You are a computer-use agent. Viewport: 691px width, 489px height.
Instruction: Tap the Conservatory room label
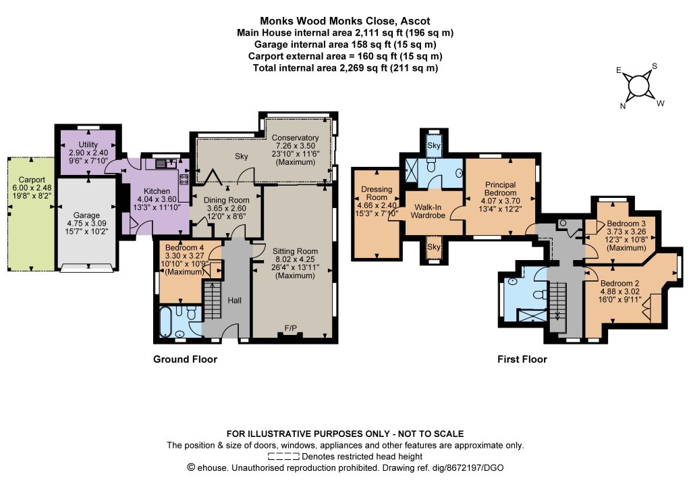click(295, 138)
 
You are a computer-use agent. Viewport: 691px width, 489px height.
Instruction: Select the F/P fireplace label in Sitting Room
click(290, 328)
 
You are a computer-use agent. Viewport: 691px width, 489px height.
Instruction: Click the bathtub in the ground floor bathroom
click(165, 321)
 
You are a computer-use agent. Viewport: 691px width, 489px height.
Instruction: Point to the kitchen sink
click(165, 163)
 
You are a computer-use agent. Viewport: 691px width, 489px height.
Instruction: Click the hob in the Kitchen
click(184, 179)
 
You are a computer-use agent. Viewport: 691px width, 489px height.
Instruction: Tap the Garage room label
click(86, 215)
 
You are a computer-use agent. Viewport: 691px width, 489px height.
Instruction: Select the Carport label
click(32, 180)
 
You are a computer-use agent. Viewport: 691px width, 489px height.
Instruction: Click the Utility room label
click(88, 145)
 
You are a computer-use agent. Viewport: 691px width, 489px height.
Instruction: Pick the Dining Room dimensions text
click(227, 212)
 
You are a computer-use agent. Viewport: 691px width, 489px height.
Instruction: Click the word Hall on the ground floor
click(234, 301)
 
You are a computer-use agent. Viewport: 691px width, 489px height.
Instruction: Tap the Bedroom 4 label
click(184, 247)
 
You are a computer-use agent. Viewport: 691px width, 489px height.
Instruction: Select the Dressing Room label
click(377, 193)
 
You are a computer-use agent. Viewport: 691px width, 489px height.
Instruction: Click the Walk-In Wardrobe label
click(428, 211)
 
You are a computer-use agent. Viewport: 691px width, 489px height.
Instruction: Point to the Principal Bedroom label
click(500, 188)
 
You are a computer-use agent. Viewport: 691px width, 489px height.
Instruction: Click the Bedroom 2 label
click(619, 284)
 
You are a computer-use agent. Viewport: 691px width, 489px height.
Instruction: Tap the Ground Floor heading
click(185, 359)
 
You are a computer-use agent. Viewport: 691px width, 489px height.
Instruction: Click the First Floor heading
click(522, 359)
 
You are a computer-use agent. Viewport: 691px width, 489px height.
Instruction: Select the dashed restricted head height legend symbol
click(283, 457)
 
